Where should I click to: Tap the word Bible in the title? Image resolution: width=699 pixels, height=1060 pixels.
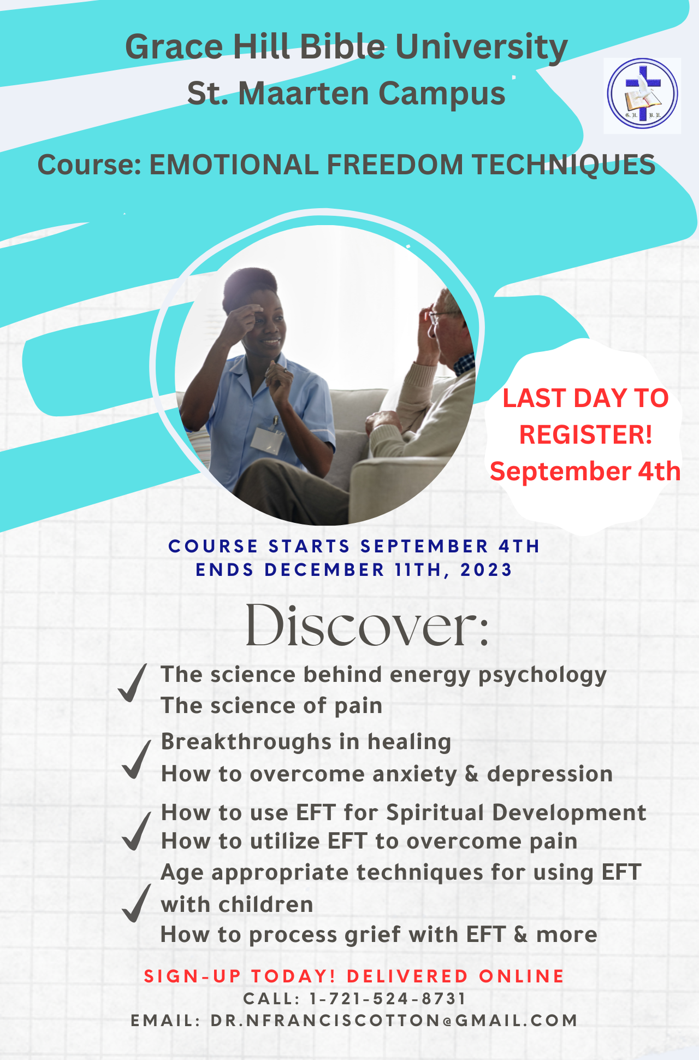tap(342, 47)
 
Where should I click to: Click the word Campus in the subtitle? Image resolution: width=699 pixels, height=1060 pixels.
tap(442, 94)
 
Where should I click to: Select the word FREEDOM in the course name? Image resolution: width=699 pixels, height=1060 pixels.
tap(395, 164)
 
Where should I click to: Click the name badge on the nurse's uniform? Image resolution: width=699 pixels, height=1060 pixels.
tap(267, 440)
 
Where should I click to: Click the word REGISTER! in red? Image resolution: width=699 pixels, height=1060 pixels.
tap(585, 435)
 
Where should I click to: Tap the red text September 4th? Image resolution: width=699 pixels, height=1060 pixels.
tap(585, 471)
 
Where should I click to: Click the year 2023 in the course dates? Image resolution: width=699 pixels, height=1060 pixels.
tap(487, 570)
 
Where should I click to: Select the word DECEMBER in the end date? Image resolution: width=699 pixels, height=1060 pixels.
tap(325, 570)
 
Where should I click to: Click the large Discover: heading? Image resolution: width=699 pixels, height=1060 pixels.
tap(367, 625)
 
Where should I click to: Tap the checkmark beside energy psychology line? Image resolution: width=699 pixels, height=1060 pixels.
tap(133, 682)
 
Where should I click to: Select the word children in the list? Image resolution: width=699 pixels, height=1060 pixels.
tap(266, 904)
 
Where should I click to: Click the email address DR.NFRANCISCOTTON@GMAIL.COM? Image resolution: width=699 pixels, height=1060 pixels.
tap(394, 1020)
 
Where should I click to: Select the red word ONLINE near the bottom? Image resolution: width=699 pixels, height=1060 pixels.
tap(522, 976)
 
